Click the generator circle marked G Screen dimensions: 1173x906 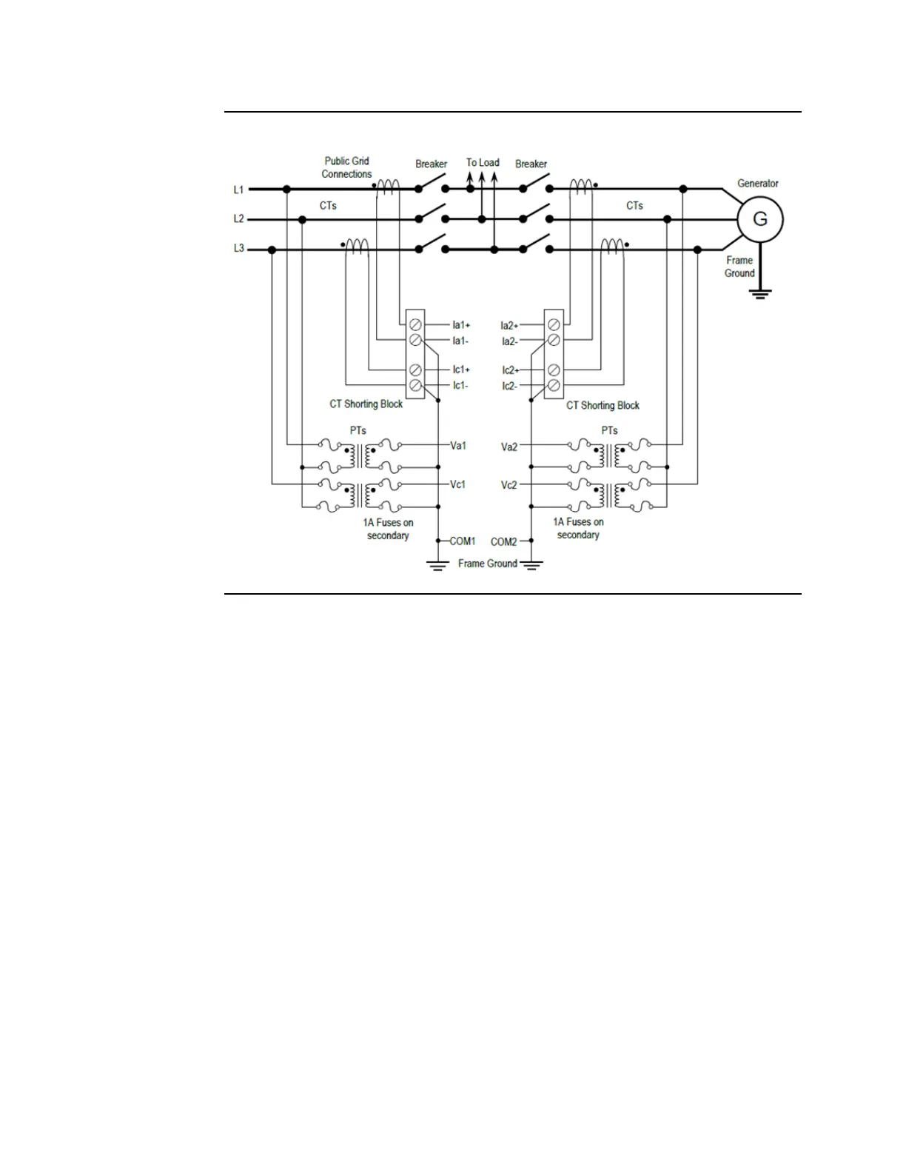pos(759,219)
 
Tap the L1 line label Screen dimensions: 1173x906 pos(238,190)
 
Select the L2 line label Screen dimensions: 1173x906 pos(238,219)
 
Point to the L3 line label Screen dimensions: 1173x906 pos(238,249)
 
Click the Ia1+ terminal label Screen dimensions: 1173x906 pos(461,325)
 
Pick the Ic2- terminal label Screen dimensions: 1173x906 pos(509,387)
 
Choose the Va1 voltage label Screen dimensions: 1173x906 pos(458,446)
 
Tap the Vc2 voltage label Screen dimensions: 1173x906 pos(509,485)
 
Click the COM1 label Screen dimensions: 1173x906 pos(463,541)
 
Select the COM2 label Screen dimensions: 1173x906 pos(504,542)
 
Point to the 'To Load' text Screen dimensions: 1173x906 pos(483,163)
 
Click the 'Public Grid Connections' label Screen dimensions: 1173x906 pos(346,167)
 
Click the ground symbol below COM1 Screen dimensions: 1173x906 pos(437,567)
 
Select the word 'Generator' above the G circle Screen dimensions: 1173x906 pos(757,184)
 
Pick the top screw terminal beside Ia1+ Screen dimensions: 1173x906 pos(416,324)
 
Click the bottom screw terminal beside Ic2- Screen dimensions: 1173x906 pos(554,386)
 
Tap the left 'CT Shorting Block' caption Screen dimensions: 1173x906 pos(366,404)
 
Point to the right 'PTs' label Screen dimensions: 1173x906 pos(609,430)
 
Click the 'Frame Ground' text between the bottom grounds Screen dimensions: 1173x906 pos(487,564)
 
